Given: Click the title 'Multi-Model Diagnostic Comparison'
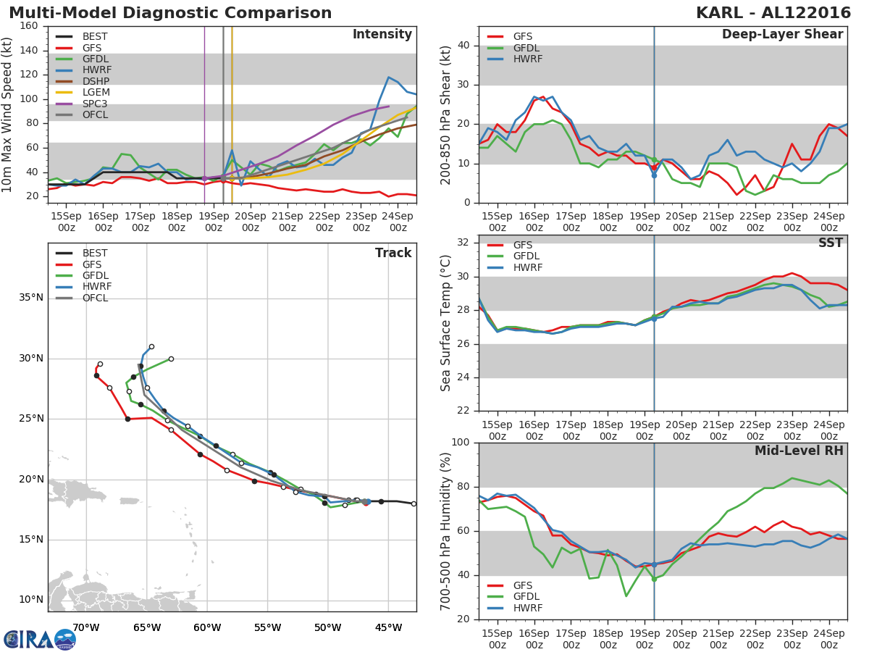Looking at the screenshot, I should (170, 13).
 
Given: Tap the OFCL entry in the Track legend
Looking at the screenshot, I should (95, 298).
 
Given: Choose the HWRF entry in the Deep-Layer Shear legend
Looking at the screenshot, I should (526, 59).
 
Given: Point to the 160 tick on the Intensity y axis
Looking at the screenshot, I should (30, 25).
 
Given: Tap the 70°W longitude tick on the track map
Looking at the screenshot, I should (86, 627).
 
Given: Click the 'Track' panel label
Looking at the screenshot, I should (393, 253).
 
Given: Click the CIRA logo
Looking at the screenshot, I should (40, 638).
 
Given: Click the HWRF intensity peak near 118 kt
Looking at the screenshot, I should (389, 77).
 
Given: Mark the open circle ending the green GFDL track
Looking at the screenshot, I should (171, 359).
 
